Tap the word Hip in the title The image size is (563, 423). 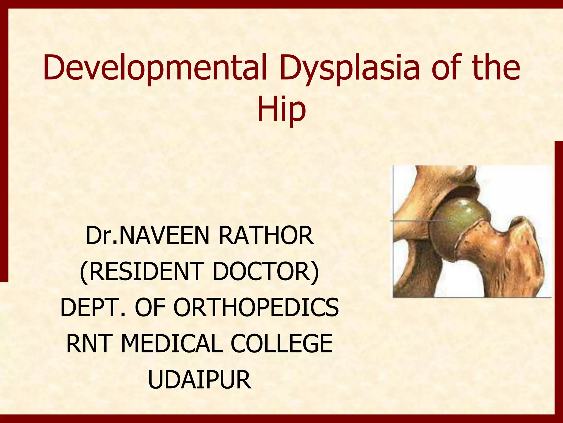281,109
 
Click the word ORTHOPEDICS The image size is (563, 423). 256,307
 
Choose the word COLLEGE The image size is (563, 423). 281,343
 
